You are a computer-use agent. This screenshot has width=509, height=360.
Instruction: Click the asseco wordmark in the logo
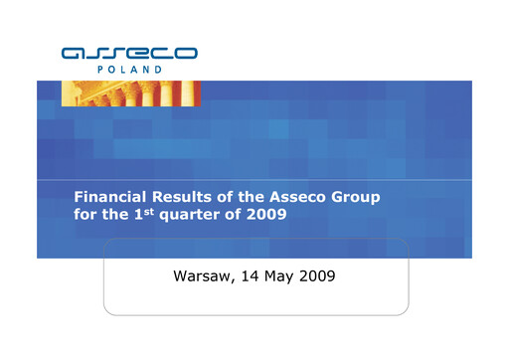(x=129, y=53)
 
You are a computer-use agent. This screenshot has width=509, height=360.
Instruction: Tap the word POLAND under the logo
(x=129, y=72)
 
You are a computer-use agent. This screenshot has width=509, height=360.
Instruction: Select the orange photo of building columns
(x=130, y=93)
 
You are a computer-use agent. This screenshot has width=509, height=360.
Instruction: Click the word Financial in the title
(x=112, y=197)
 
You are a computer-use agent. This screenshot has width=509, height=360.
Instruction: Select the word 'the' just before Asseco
(x=255, y=197)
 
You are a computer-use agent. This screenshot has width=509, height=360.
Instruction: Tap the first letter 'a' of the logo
(x=74, y=53)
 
